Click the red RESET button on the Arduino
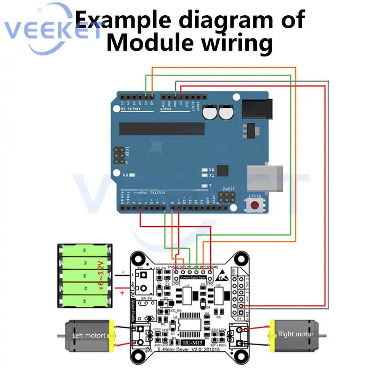255,206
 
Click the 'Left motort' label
89,336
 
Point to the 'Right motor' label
296,334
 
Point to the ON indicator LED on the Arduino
132,176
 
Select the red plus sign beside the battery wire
122,293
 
